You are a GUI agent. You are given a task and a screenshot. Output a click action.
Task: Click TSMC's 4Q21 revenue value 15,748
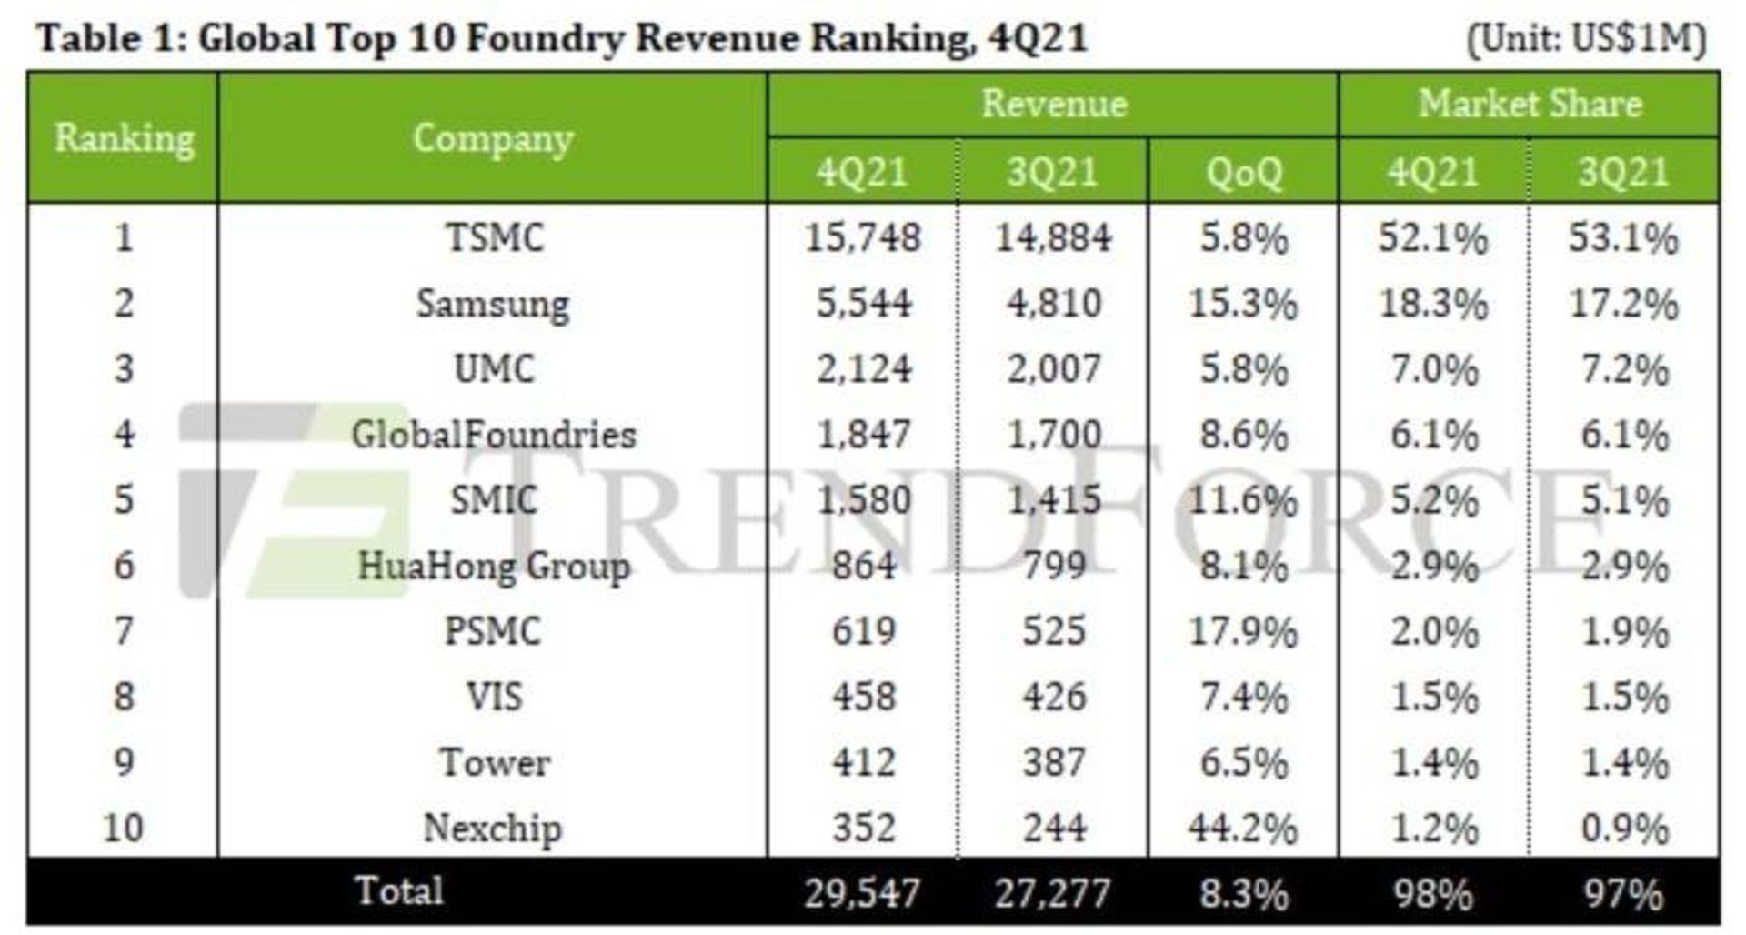tap(862, 238)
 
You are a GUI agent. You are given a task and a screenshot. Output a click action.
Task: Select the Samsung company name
tap(493, 304)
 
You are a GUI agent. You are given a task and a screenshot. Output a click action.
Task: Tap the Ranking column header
tap(124, 138)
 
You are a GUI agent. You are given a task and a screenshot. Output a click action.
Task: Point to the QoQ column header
tap(1243, 172)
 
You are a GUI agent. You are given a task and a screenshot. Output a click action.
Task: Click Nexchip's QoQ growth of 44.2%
tap(1243, 829)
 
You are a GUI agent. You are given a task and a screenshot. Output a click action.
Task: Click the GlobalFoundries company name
tap(493, 435)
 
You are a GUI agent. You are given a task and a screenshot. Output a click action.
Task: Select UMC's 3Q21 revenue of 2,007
tap(1053, 369)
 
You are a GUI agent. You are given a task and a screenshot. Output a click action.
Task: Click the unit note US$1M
tap(1587, 39)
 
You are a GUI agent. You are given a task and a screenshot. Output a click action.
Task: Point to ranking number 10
tap(124, 829)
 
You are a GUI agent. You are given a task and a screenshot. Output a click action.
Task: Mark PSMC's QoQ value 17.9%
tap(1243, 632)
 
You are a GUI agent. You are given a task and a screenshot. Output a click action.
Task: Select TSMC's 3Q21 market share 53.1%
tap(1623, 238)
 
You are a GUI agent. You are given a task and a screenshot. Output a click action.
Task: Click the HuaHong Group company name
tap(493, 567)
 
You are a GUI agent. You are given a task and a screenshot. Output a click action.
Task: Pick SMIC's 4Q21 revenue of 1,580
tap(862, 500)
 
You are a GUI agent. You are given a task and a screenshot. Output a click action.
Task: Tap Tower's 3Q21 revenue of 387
tap(1053, 762)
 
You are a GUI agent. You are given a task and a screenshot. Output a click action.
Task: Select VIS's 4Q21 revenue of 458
tap(862, 698)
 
